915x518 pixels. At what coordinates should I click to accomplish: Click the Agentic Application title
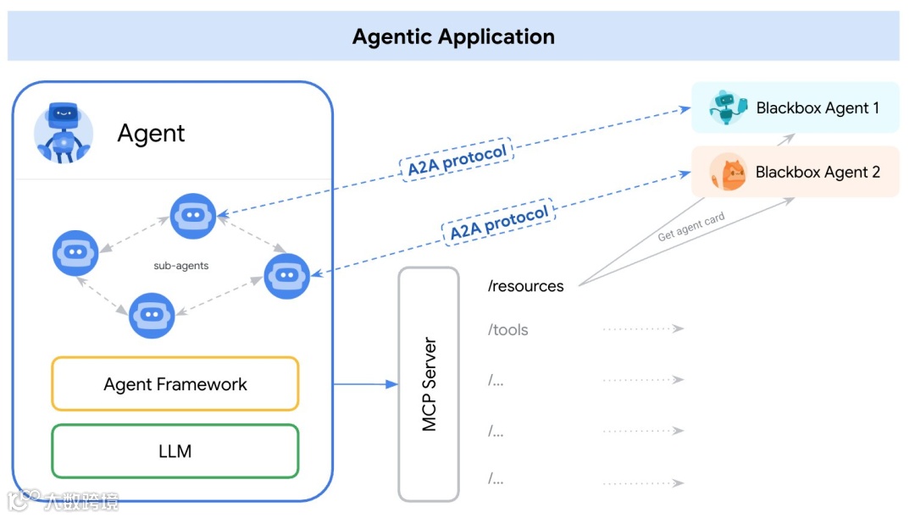453,37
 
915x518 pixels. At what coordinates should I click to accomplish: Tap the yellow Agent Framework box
175,384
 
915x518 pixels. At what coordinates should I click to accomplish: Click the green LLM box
175,451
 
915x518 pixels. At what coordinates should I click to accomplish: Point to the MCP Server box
429,384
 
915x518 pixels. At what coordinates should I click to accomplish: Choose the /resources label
525,286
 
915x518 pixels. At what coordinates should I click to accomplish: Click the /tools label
508,330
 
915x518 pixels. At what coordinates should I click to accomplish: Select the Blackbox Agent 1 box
796,107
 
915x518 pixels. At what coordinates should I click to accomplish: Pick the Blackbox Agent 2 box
796,172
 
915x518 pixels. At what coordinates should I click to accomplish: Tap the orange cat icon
727,172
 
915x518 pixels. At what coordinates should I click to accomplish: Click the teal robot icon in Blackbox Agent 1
728,107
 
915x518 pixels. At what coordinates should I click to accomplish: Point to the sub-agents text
180,266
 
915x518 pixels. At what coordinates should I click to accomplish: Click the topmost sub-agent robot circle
193,216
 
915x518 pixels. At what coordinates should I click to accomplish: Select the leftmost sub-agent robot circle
75,252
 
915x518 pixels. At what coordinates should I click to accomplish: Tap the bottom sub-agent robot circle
152,315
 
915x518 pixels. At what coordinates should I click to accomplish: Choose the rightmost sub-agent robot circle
286,276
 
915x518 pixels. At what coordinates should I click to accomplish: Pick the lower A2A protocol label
499,222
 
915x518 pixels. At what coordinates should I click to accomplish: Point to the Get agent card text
691,227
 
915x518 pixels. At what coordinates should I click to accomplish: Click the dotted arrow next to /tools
643,328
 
